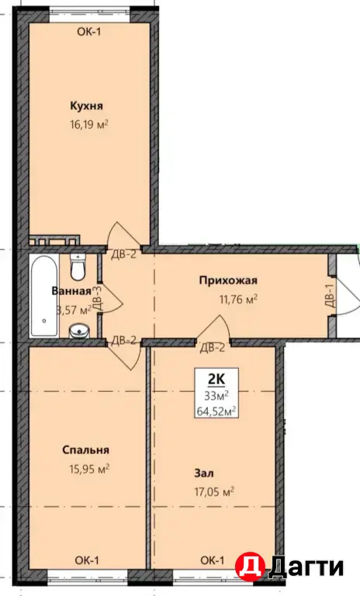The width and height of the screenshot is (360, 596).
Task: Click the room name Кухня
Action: pos(86,106)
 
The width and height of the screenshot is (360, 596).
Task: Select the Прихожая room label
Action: pos(228,280)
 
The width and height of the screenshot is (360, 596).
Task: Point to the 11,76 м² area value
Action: pos(238,299)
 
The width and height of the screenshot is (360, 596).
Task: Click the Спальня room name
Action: pos(85,450)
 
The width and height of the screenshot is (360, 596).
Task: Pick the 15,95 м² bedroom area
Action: pos(89,468)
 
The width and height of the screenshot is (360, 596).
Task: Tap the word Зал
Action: pos(204,473)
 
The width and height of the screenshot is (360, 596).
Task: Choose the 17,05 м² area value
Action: pos(214,492)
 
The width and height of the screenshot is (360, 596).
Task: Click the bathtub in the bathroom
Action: pos(44,296)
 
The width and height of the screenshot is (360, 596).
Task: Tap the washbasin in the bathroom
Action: pos(79,331)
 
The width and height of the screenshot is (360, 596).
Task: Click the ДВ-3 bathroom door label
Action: pos(97,299)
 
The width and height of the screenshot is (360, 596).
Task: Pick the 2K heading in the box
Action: pos(216,379)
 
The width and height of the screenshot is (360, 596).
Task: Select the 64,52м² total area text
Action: pos(216,411)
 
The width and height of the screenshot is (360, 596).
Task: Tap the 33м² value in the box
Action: pos(216,396)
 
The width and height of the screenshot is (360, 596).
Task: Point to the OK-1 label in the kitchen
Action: pos(89,32)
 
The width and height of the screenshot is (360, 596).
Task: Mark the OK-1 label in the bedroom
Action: pos(87,560)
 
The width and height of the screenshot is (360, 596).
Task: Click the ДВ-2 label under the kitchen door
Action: pos(123,255)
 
